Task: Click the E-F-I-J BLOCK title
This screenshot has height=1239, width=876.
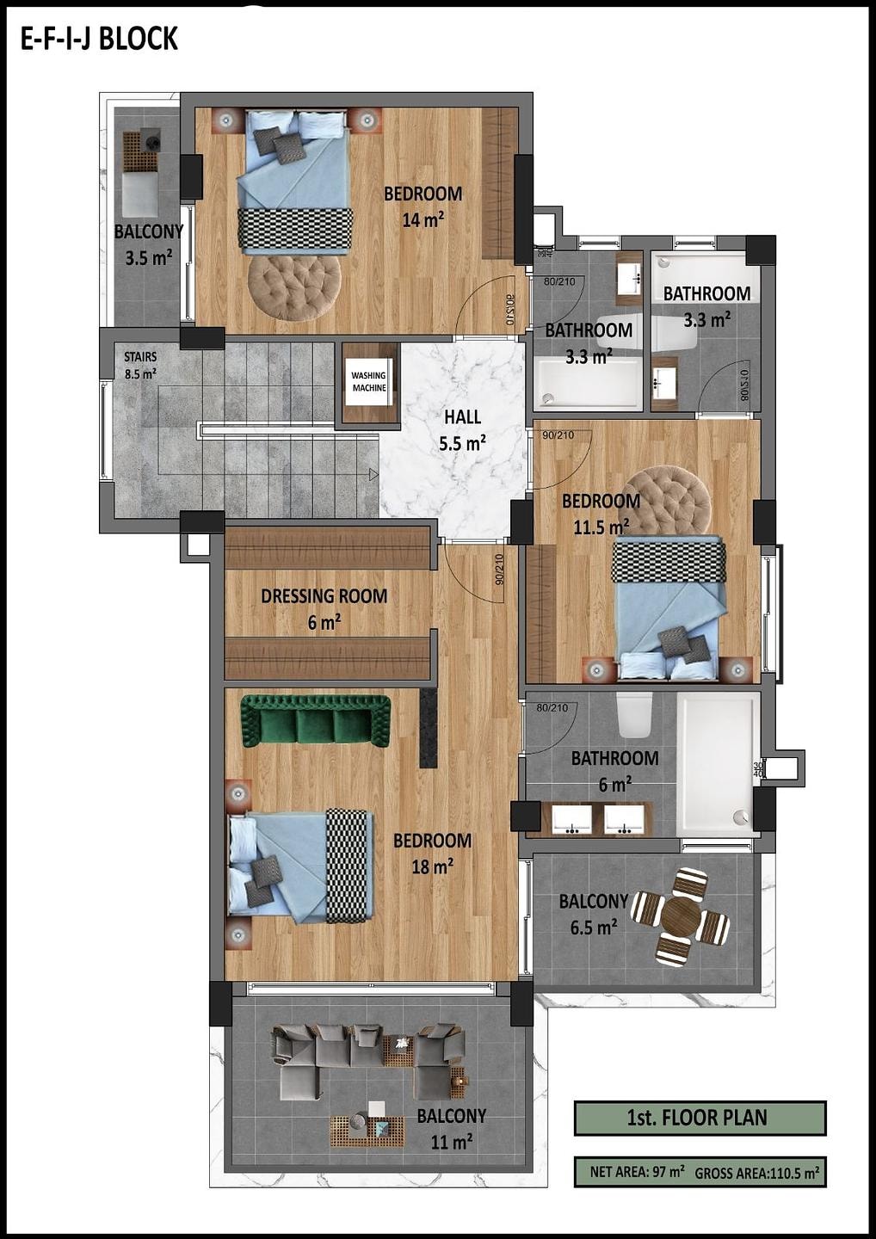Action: click(x=99, y=40)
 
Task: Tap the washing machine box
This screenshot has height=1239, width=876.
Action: click(x=369, y=382)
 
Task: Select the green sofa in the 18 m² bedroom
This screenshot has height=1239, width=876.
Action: click(x=316, y=721)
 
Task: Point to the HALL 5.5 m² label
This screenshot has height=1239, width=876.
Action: click(x=463, y=430)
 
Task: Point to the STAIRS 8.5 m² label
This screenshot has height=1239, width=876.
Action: click(x=140, y=365)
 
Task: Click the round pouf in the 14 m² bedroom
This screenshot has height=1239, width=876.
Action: click(x=293, y=287)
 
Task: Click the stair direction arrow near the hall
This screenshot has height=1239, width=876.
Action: click(x=373, y=474)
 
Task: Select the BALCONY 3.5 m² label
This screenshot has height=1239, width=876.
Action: click(x=148, y=244)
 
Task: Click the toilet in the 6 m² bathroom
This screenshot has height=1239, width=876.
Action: click(x=635, y=715)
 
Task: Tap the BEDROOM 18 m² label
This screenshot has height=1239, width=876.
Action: click(x=433, y=853)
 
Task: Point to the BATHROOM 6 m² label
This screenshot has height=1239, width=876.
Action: click(x=615, y=771)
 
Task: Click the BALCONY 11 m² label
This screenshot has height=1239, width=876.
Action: click(x=452, y=1128)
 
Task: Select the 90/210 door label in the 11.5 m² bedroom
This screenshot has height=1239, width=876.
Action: click(x=558, y=435)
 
